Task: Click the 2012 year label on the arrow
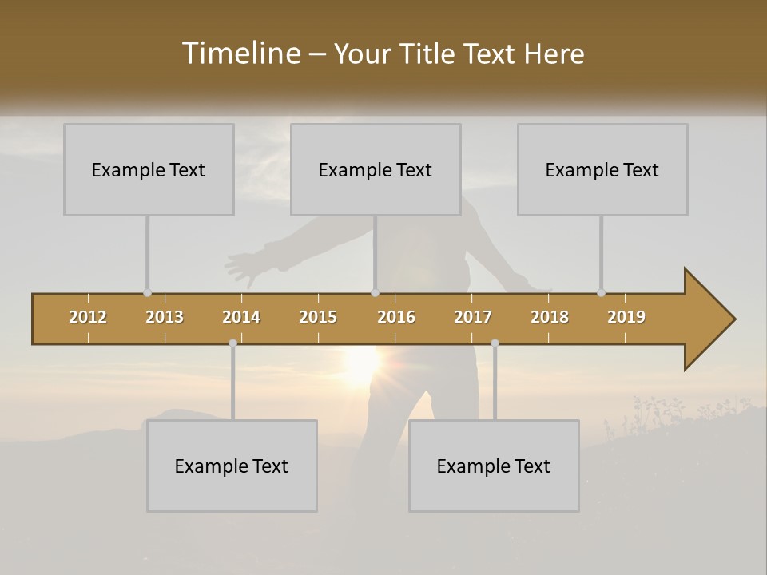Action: coord(88,317)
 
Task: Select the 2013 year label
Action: coord(165,317)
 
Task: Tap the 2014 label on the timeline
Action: coord(241,317)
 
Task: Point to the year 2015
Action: coord(318,317)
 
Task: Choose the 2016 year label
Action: coord(396,317)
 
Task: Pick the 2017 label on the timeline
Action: coord(473,317)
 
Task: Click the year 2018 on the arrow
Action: coord(550,317)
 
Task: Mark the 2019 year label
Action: coord(626,317)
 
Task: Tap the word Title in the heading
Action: coord(431,54)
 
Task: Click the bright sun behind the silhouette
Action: coord(364,363)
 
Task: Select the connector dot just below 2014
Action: coord(232,343)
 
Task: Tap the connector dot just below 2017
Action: coord(495,343)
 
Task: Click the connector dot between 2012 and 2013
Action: coord(147,292)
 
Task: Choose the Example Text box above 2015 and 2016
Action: coord(376,169)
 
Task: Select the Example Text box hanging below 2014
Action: coord(232,466)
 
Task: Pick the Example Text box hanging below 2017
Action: coord(494,466)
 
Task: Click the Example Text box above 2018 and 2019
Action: coord(602,169)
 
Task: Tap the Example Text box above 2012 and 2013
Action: coord(149,169)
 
